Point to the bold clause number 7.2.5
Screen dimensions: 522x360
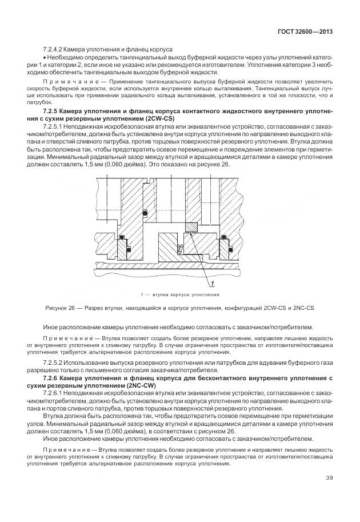[53, 109]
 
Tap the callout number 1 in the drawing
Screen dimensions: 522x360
[212, 283]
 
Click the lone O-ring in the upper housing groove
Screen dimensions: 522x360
[145, 213]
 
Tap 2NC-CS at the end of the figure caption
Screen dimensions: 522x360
[303, 309]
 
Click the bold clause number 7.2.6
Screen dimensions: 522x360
[53, 378]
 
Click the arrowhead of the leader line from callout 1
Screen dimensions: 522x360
[187, 233]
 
